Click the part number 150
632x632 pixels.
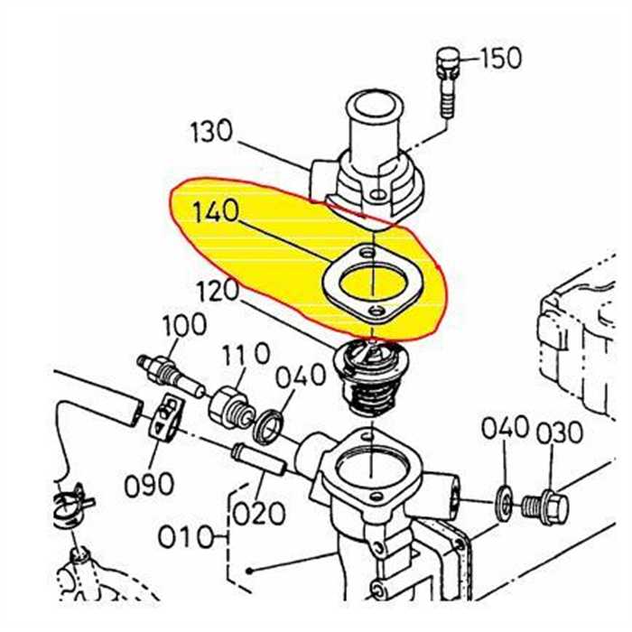tap(500, 59)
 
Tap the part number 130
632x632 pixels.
tap(211, 133)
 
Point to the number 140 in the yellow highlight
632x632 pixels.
tap(216, 214)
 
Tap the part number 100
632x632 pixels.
tap(184, 325)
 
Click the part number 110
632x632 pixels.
tap(246, 356)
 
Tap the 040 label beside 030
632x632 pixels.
tap(505, 429)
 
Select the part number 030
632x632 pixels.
tap(560, 433)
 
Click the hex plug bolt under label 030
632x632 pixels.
tap(548, 507)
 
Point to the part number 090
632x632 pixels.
tap(149, 485)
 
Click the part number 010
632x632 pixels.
tap(186, 538)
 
